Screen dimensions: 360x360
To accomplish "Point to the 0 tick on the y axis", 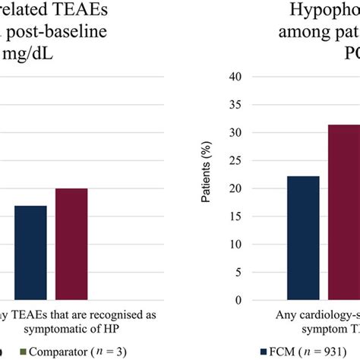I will [x=238, y=300].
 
